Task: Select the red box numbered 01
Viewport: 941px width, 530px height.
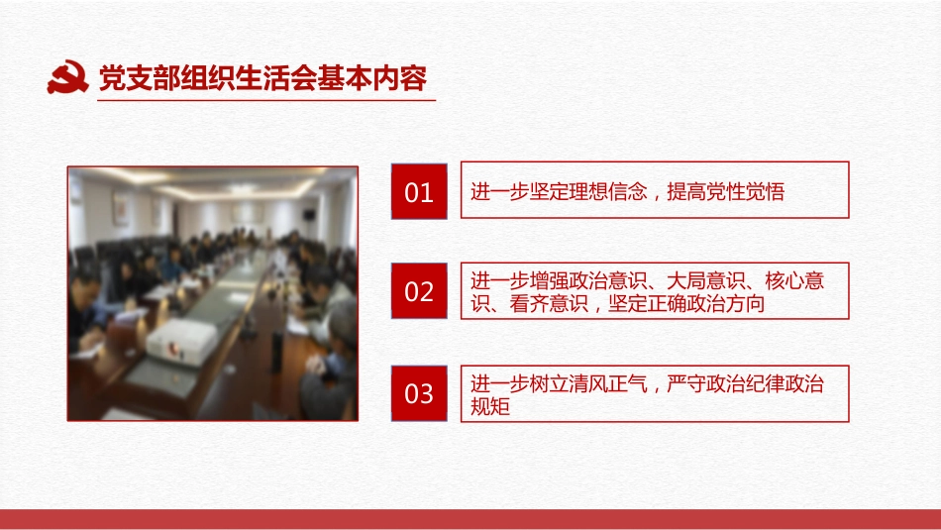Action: (420, 190)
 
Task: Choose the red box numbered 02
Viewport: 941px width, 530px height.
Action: (420, 291)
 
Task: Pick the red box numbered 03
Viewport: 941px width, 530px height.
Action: (420, 393)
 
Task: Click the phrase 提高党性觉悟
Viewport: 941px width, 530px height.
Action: (726, 192)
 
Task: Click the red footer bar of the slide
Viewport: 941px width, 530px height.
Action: (470, 519)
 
